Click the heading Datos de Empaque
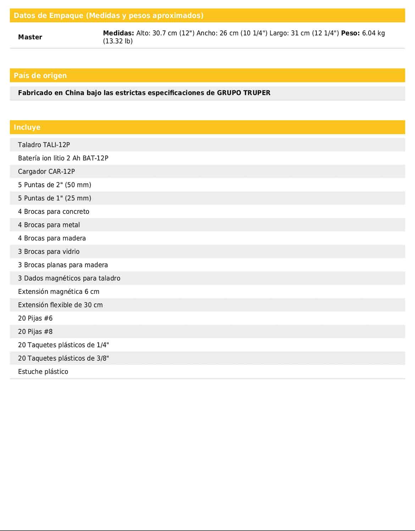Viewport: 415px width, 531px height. pos(108,16)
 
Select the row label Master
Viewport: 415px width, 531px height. pos(30,37)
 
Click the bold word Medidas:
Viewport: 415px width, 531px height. pos(118,33)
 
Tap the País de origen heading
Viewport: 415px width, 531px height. pos(40,75)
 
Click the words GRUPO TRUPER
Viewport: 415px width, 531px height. pos(244,93)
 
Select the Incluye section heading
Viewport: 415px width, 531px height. pos(27,127)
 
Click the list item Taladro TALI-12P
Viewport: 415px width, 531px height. pos(44,145)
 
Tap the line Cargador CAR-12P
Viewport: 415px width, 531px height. pos(46,172)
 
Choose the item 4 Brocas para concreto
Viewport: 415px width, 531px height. pos(54,212)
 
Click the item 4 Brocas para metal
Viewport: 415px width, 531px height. pos(49,225)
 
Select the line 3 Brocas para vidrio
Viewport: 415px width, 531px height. pos(49,252)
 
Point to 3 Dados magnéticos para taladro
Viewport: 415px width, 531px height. pos(69,278)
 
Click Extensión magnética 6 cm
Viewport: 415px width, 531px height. pos(59,292)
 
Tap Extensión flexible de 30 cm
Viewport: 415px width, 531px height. pos(60,305)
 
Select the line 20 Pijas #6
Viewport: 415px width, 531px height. pos(35,319)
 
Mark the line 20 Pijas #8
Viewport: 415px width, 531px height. pos(35,332)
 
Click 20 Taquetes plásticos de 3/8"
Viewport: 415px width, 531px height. pos(63,358)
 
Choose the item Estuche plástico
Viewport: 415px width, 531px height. pos(43,372)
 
